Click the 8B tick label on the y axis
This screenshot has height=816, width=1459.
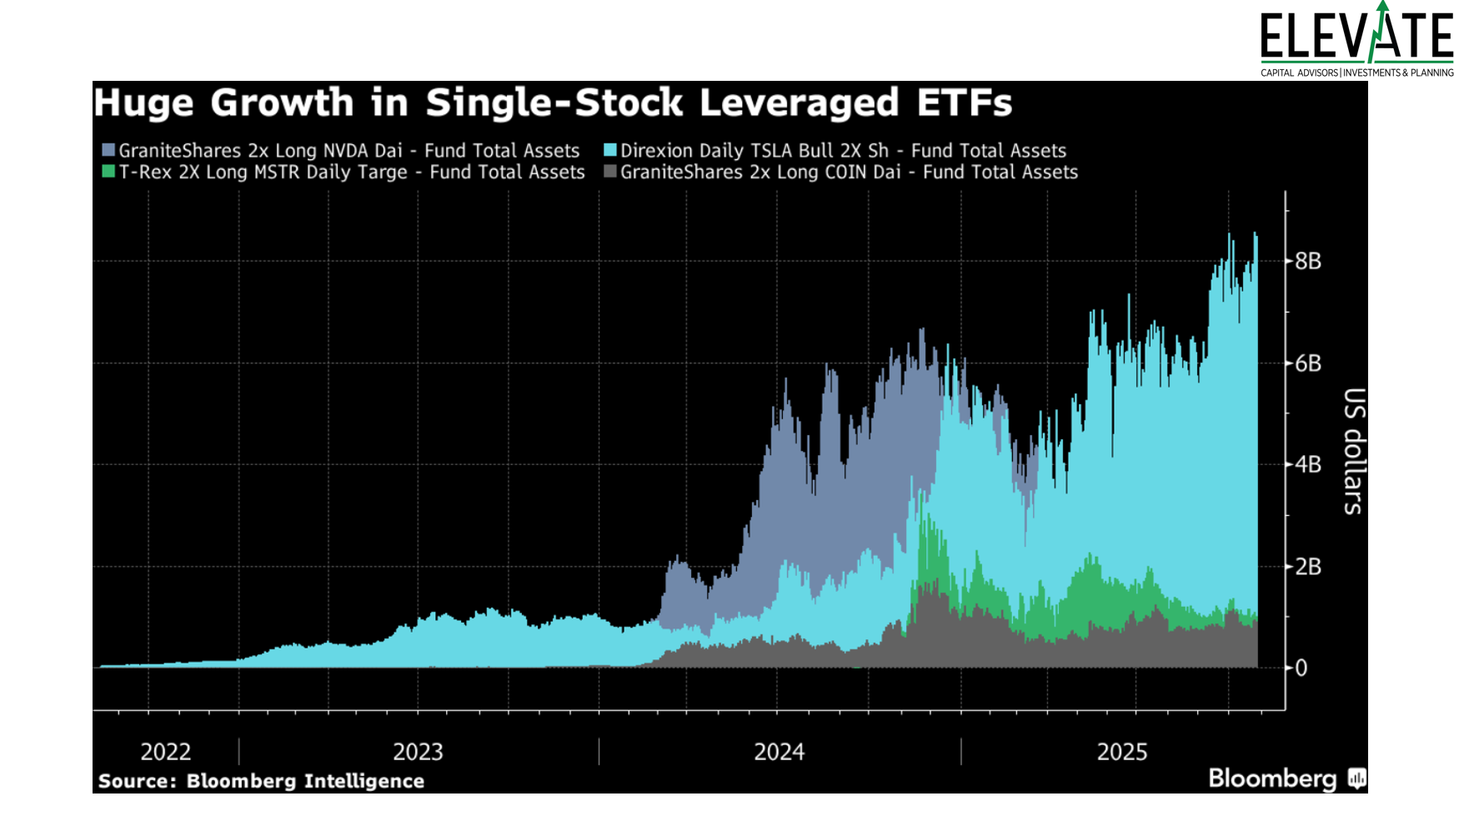[1308, 261]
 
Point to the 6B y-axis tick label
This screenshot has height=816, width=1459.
[1308, 363]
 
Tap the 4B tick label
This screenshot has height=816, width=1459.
[1308, 464]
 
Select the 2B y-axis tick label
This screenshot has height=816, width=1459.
[1308, 567]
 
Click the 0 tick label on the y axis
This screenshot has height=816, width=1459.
[1301, 668]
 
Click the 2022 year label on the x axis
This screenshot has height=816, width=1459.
[165, 752]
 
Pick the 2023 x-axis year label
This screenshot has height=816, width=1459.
[418, 752]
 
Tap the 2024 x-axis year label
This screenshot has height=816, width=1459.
[779, 752]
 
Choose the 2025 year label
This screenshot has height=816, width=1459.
[1121, 752]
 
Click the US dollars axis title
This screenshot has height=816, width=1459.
[1354, 451]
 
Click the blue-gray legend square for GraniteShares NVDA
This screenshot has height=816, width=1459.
[108, 151]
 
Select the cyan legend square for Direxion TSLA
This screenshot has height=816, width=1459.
[610, 151]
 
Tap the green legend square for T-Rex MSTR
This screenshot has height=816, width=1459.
[108, 172]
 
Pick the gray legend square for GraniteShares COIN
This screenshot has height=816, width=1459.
[610, 172]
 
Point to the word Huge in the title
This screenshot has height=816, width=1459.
[143, 103]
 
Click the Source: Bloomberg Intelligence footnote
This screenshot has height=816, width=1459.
[261, 781]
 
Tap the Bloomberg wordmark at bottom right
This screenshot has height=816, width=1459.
[1272, 778]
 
